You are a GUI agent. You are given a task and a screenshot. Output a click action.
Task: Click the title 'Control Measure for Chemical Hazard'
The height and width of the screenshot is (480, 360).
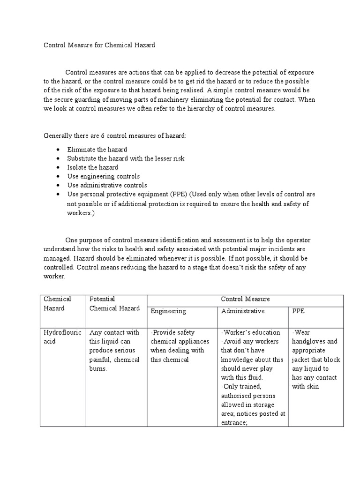coord(99,45)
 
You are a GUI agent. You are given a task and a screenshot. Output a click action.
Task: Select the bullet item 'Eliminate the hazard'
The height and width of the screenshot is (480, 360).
coord(97,149)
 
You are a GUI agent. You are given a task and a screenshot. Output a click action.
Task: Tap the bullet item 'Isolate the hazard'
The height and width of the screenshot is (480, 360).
coord(92,167)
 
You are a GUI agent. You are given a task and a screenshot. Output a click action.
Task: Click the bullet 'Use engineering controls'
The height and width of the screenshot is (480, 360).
coord(103,176)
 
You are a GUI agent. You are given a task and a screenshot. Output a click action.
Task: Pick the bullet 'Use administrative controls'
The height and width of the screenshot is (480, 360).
coord(107,185)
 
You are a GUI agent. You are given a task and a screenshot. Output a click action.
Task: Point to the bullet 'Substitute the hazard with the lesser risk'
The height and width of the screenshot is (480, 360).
coord(126,158)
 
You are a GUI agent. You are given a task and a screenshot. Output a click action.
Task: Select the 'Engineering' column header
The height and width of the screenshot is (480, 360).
coord(168,311)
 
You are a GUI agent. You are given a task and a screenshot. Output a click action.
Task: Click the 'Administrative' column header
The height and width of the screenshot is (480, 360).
coord(243,311)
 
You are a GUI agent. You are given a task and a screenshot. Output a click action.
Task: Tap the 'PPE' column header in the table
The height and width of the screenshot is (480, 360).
coord(298,311)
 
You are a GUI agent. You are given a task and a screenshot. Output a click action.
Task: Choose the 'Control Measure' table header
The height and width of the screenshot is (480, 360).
coord(245,299)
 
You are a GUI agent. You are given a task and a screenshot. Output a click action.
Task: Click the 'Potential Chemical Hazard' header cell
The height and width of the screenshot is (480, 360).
coord(114,303)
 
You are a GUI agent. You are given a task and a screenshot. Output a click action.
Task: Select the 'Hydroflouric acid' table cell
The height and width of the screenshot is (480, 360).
coord(62,337)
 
